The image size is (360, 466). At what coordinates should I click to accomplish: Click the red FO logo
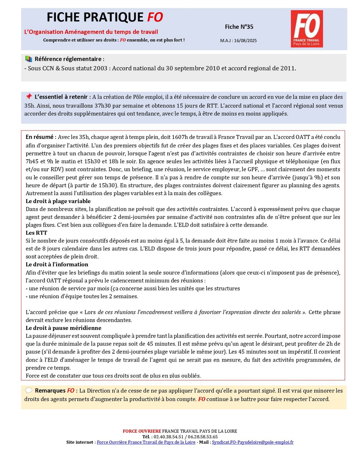pos(306,29)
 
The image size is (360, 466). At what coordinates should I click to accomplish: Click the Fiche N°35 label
pos(239,27)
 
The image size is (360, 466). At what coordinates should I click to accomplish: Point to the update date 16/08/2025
pos(245,40)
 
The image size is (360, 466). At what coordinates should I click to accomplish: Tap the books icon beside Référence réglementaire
pos(29,59)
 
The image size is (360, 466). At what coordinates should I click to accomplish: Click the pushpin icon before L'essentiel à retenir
pos(29,96)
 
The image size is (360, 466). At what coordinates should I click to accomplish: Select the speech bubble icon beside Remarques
pos(29,390)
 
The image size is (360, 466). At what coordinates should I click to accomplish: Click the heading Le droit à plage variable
pos(58,201)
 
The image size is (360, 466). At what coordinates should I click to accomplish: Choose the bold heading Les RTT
pos(36,233)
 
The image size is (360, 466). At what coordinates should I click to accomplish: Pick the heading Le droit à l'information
pos(57,264)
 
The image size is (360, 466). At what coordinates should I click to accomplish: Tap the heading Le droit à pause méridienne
pos(63,328)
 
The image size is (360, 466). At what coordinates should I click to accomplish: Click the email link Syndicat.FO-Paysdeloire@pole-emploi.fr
pos(253,442)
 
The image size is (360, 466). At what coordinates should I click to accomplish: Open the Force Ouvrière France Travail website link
pos(146,442)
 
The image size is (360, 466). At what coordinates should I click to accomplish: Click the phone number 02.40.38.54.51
pos(169,437)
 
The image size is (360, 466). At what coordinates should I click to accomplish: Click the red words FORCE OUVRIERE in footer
pos(142,431)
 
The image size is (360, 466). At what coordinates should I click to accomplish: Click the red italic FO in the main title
pos(155,17)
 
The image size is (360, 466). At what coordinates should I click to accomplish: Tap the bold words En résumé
pos(40,137)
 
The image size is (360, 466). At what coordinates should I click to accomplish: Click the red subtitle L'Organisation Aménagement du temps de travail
pos(91,32)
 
